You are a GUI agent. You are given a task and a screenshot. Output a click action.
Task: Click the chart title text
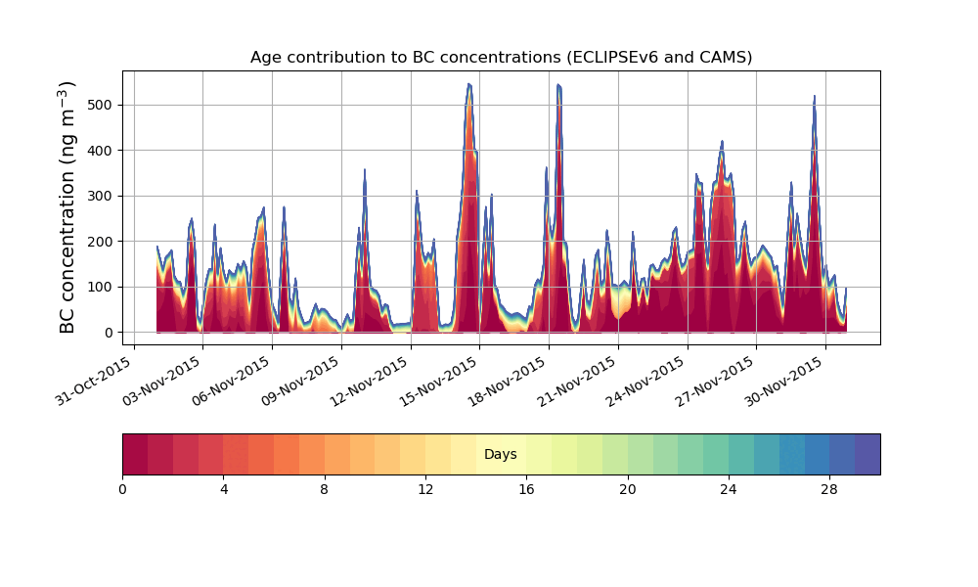click(501, 58)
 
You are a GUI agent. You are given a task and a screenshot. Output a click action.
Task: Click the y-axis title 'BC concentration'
click(67, 253)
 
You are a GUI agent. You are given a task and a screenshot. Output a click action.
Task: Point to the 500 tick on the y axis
click(101, 105)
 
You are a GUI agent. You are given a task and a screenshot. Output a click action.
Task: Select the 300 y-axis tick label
click(101, 196)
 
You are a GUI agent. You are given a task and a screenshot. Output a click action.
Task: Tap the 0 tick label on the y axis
click(110, 333)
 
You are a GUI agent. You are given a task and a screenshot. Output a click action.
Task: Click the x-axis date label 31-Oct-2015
click(94, 381)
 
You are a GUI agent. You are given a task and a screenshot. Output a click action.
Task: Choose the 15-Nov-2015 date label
click(440, 381)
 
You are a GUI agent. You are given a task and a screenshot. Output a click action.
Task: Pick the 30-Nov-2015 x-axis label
click(785, 381)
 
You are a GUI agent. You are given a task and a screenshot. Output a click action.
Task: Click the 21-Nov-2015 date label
click(578, 381)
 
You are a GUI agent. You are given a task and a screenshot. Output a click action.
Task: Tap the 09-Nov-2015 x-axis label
click(301, 381)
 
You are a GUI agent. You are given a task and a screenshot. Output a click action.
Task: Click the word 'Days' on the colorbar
click(500, 454)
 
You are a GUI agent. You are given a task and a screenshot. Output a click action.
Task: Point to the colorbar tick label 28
click(829, 490)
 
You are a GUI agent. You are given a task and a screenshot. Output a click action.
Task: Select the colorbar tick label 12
click(425, 490)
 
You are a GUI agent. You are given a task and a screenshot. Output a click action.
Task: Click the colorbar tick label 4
click(224, 490)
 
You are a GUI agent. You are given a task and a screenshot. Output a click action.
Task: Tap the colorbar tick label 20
click(628, 490)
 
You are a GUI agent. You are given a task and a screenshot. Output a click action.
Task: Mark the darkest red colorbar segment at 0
click(135, 454)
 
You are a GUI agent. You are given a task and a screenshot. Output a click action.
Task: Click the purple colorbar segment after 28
click(867, 454)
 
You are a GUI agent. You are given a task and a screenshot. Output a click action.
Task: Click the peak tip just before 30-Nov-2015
click(814, 96)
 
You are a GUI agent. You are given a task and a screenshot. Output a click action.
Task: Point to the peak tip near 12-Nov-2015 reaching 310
click(417, 191)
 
